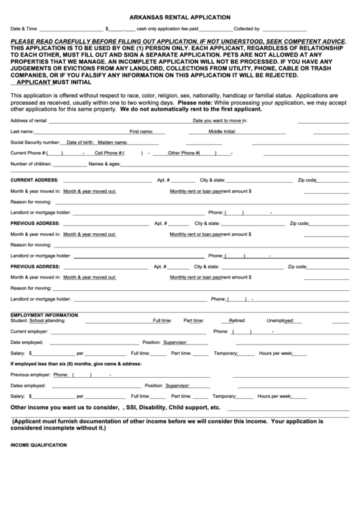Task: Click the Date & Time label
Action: [24, 30]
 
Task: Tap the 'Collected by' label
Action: [247, 30]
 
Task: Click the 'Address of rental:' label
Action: [29, 120]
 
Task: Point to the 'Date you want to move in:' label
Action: [219, 120]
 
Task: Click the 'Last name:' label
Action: [22, 131]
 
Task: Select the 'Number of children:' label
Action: [31, 164]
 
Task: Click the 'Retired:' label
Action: [237, 320]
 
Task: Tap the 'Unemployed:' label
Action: [279, 320]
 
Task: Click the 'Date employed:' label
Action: [26, 342]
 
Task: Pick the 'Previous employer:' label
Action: [31, 374]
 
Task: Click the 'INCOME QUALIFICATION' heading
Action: [39, 444]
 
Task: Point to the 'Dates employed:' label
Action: [28, 385]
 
